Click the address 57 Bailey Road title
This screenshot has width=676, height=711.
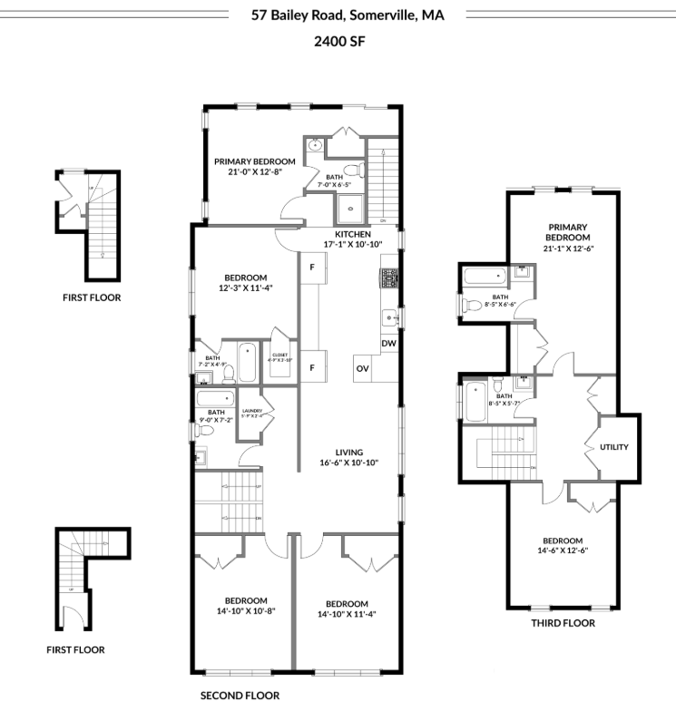click(x=347, y=15)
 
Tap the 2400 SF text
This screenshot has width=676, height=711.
click(x=338, y=42)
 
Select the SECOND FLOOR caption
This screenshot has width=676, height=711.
click(x=240, y=696)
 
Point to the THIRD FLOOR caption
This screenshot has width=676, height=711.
click(x=563, y=623)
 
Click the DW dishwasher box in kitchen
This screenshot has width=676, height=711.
click(x=388, y=344)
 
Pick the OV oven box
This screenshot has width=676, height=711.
click(x=362, y=368)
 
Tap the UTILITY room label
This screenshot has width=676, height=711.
click(x=614, y=447)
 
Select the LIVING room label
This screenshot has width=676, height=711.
click(x=348, y=452)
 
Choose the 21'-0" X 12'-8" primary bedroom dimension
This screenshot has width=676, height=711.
click(x=255, y=170)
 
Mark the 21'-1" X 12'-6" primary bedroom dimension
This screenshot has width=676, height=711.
click(x=568, y=248)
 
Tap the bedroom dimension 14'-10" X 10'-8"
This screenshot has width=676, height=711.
click(x=246, y=611)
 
